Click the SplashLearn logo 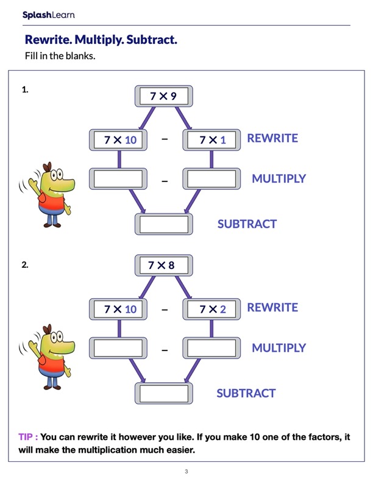pos(48,15)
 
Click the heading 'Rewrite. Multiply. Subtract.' pos(101,41)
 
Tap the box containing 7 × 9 pos(163,96)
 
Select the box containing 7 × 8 pos(163,265)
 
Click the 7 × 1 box pos(211,140)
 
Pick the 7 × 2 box pos(211,309)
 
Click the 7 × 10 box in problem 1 pos(119,140)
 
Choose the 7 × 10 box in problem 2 pos(119,309)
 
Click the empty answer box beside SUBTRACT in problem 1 pos(163,224)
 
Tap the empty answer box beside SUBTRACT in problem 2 pos(163,393)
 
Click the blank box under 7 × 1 pos(211,179)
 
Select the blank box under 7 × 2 pos(211,348)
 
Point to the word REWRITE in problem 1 pos(272,138)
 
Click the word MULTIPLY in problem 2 pos(279,348)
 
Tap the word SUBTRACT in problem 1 pos(247,224)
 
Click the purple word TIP pos(27,437)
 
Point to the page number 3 pos(187,472)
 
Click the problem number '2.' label pos(25,265)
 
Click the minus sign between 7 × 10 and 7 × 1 pos(165,139)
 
